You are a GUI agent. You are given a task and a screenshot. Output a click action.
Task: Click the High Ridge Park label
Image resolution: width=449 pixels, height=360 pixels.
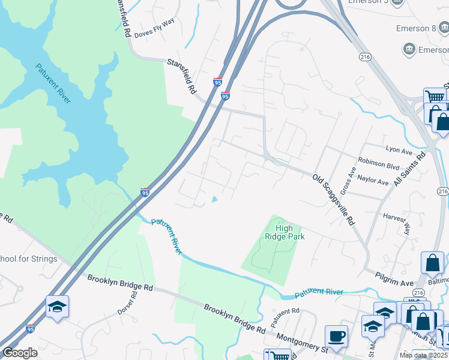[x=285, y=232]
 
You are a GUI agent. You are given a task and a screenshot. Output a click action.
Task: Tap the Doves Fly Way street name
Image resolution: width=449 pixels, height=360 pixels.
[x=154, y=36]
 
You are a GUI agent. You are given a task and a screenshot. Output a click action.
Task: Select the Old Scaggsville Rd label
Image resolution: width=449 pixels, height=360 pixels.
[x=333, y=200]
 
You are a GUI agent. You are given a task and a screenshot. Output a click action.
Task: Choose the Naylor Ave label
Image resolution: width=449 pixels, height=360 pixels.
[x=373, y=179]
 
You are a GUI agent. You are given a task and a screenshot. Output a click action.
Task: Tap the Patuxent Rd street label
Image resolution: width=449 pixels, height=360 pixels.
[x=285, y=317]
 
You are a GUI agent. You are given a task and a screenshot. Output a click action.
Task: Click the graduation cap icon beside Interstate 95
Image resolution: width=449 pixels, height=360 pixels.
[x=57, y=307]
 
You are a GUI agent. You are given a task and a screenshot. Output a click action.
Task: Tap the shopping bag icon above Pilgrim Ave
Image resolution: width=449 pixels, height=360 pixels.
[x=432, y=262]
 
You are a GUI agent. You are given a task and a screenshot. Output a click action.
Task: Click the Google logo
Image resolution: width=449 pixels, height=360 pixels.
[x=20, y=353]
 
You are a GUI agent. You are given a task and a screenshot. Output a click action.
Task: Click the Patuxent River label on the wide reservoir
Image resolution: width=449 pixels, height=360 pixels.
[x=53, y=83]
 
